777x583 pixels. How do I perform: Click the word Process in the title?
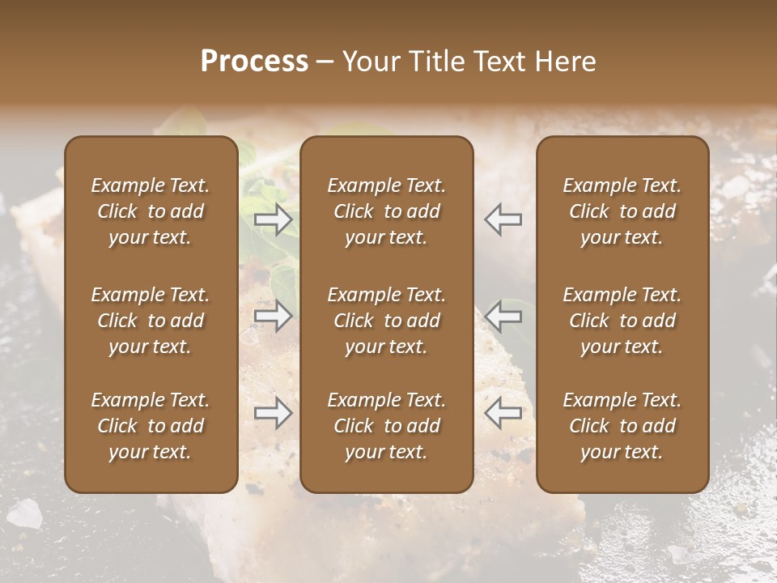coord(254,62)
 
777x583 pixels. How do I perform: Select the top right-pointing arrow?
coord(274,219)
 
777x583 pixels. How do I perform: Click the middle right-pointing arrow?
coord(274,316)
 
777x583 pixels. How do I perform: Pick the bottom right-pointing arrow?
coord(274,413)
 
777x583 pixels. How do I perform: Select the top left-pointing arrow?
coord(503,219)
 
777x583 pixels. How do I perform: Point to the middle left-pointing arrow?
coord(503,316)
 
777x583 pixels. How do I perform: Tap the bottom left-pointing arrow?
coord(503,413)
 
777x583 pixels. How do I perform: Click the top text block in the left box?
coord(151,211)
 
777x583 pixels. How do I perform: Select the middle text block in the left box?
coord(151,321)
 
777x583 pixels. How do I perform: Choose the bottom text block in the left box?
coord(151,426)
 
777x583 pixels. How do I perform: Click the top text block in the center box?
coord(386,211)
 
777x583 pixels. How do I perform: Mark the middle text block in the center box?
coord(386,321)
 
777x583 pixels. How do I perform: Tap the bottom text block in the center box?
coord(386,426)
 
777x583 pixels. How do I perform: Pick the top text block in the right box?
coord(622,211)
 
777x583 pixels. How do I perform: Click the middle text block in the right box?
coord(622,321)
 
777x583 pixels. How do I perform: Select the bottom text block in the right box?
coord(622,426)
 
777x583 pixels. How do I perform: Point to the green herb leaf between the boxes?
coord(283,279)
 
